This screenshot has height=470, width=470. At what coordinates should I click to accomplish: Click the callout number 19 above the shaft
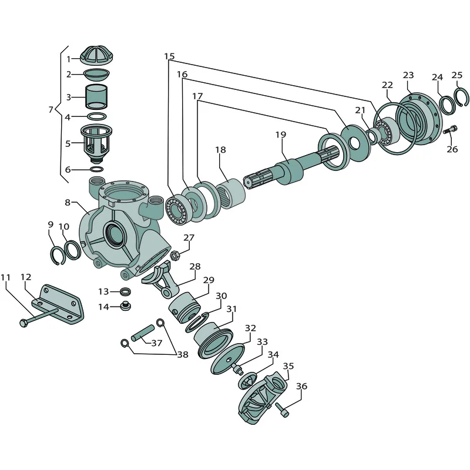[281, 135]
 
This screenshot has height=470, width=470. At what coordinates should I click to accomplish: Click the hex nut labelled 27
[174, 256]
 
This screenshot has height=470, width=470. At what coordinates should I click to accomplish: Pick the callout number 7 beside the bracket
[51, 110]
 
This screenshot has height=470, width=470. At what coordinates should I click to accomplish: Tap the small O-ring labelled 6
[97, 169]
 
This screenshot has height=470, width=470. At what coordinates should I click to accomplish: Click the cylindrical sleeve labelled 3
[96, 97]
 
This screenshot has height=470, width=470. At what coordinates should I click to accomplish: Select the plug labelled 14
[125, 306]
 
